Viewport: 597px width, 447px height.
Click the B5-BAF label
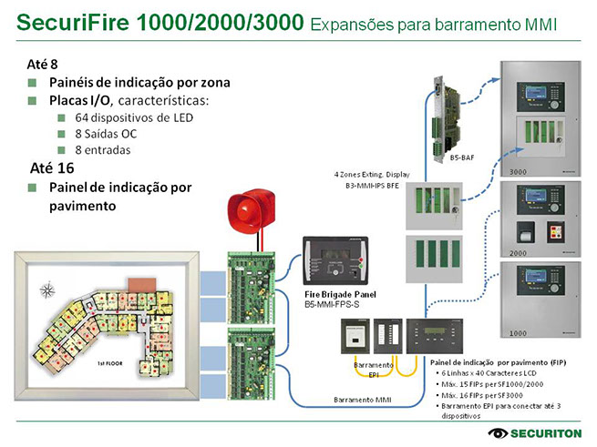461,157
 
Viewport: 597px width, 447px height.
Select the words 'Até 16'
52,168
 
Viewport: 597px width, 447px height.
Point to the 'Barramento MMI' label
364,399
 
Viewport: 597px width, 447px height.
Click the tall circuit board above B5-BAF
452,114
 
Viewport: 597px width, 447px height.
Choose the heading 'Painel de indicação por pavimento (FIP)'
498,362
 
